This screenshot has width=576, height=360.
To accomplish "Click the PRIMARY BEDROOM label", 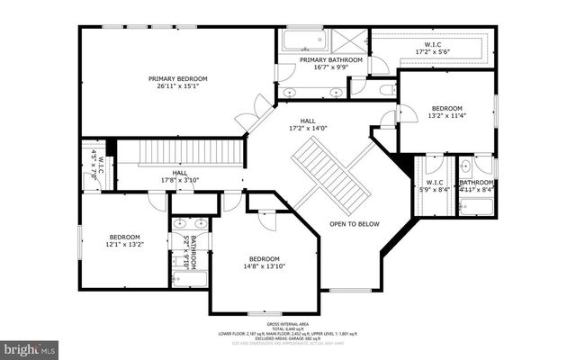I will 177,78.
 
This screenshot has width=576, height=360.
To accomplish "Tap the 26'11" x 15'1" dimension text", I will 177,87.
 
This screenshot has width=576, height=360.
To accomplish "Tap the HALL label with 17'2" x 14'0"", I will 308,120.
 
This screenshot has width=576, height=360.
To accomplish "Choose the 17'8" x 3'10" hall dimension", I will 179,180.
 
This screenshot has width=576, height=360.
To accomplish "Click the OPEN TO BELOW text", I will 354,223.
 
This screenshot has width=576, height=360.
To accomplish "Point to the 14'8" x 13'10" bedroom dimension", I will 264,267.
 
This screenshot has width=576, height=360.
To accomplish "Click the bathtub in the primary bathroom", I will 295,41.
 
